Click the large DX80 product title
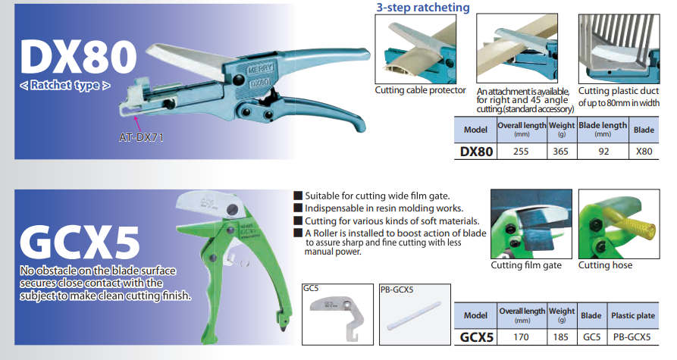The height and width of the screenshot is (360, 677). pyautogui.click(x=78, y=57)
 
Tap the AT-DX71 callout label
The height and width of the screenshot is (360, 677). pyautogui.click(x=141, y=138)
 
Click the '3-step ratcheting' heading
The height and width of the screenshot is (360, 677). pyautogui.click(x=423, y=8)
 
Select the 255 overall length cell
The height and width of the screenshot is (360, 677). pyautogui.click(x=521, y=152)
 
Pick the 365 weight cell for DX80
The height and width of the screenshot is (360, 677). pyautogui.click(x=560, y=152)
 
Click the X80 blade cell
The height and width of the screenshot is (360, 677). pyautogui.click(x=644, y=152)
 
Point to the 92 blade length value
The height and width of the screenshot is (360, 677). pyautogui.click(x=603, y=152)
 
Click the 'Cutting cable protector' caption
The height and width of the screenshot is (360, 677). pyautogui.click(x=420, y=90)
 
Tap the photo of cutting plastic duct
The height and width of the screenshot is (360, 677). pyautogui.click(x=619, y=49)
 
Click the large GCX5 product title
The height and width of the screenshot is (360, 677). pyautogui.click(x=80, y=243)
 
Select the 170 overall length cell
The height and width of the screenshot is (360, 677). pyautogui.click(x=521, y=337)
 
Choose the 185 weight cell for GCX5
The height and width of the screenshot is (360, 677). pyautogui.click(x=560, y=337)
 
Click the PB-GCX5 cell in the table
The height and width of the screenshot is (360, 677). pyautogui.click(x=632, y=337)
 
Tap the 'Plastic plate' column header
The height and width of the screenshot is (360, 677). pyautogui.click(x=632, y=315)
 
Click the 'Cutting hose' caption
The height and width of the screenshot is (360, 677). pyautogui.click(x=605, y=265)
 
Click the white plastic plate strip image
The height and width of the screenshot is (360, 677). pyautogui.click(x=414, y=316)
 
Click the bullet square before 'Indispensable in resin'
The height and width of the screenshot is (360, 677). pyautogui.click(x=298, y=208)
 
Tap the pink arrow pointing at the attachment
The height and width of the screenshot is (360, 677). pyautogui.click(x=137, y=122)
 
